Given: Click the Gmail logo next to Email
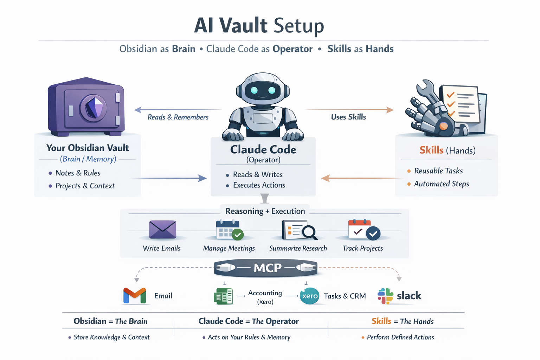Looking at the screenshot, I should click(x=135, y=296).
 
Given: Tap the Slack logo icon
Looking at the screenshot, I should click(x=385, y=296).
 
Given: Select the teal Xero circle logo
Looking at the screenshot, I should click(x=310, y=296).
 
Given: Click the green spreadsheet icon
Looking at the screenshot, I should click(x=223, y=296).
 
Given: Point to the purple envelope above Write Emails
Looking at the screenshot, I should click(x=162, y=229).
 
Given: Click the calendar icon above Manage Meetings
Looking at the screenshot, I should click(x=228, y=230).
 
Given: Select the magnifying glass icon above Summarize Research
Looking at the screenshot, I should click(x=309, y=232).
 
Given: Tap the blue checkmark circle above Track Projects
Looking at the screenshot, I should click(x=373, y=233).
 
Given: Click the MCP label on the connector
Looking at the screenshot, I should click(x=268, y=268).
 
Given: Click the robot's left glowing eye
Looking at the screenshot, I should click(x=254, y=90).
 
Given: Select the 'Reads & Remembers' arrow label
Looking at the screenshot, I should click(x=178, y=117).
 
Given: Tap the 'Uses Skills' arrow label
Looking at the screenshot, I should click(x=348, y=117).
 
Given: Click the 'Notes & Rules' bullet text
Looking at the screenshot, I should click(x=78, y=173).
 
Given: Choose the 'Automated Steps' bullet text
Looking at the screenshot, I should click(x=441, y=184).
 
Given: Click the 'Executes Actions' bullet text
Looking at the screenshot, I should click(x=259, y=185).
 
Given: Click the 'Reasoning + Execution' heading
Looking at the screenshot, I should click(x=265, y=211).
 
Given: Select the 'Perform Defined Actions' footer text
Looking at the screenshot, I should click(x=400, y=337).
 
